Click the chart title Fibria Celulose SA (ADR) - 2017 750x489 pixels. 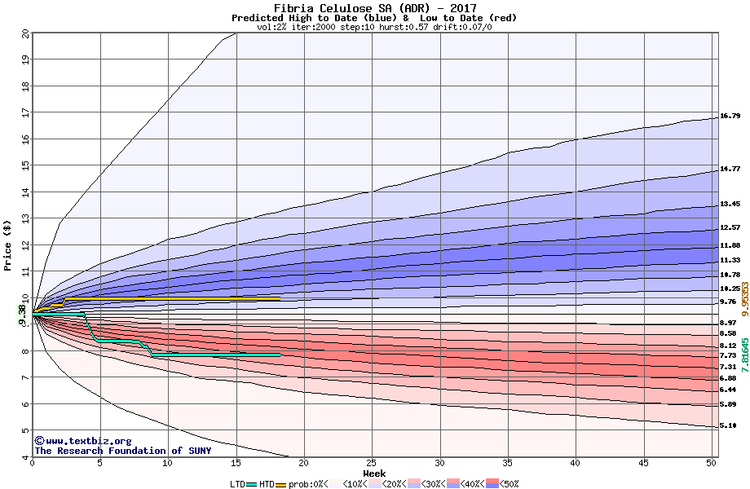click(374, 7)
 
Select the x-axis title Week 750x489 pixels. click(374, 474)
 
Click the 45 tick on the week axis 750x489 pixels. click(643, 464)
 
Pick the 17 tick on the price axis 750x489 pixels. click(25, 113)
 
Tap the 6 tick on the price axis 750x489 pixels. click(25, 404)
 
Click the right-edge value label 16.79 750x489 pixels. click(730, 116)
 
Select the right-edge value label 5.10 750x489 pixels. click(730, 426)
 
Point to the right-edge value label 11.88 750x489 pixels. click(730, 245)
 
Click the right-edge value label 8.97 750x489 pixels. click(730, 324)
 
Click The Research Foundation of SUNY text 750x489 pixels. click(122, 451)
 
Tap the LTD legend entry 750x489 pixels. click(237, 484)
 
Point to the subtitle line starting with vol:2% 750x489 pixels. click(374, 27)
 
